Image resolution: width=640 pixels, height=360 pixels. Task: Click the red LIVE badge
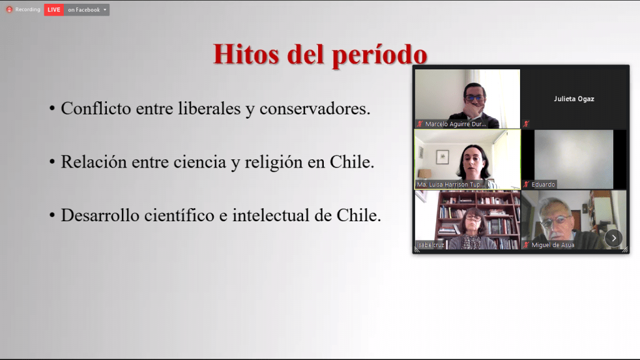tap(54, 10)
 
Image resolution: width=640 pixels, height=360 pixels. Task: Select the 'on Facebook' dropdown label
tap(84, 10)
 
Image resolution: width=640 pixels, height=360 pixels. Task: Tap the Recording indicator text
tap(27, 9)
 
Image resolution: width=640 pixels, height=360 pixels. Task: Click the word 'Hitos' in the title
tap(246, 54)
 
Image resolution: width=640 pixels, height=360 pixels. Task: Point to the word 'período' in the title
tap(379, 56)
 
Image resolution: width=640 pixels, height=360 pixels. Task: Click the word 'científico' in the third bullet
tap(179, 215)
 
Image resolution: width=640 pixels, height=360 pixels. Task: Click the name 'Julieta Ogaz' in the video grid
tap(574, 99)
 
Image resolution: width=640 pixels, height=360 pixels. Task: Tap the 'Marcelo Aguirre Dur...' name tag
tap(456, 124)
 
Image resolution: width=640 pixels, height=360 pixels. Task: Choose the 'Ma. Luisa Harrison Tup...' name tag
tap(450, 184)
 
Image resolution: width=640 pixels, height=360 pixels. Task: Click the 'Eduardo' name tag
tap(543, 184)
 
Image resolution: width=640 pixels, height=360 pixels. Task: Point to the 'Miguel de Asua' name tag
tap(552, 245)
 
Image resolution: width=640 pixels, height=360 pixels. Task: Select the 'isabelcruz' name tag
tap(431, 245)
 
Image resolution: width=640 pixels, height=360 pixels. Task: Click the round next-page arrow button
tap(614, 238)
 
